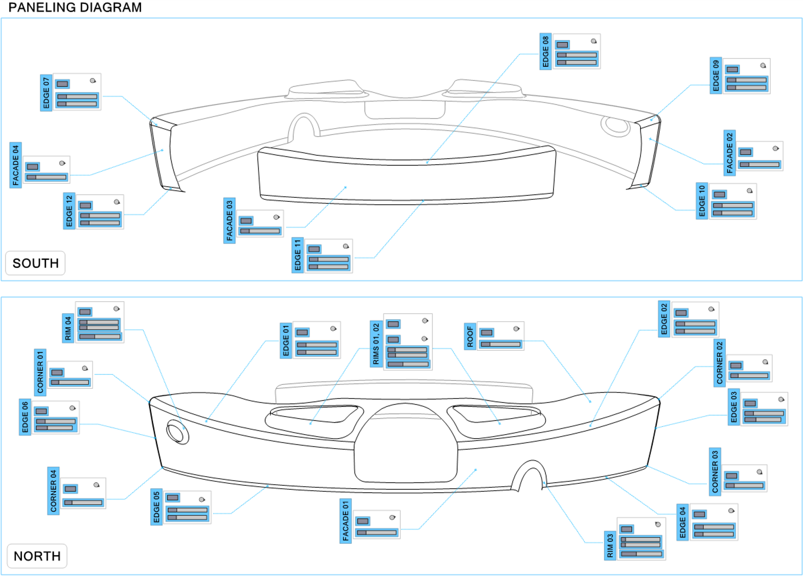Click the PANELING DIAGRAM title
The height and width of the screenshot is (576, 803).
tap(75, 8)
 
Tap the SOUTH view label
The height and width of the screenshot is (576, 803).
tap(36, 263)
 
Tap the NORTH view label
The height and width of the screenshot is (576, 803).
tap(37, 556)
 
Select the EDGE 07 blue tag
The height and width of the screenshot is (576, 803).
tap(46, 93)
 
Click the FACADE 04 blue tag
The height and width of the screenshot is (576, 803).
tap(16, 165)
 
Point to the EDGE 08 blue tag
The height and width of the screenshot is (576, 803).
tap(545, 52)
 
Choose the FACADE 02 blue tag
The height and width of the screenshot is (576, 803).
tap(729, 153)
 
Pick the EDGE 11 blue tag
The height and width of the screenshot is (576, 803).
tap(298, 255)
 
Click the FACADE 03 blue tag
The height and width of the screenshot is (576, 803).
tap(229, 221)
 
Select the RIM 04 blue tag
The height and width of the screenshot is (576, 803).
tap(68, 328)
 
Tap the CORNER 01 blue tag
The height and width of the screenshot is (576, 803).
tap(40, 372)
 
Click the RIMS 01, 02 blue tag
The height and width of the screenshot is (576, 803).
tap(376, 344)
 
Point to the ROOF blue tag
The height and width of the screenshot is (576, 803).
tap(470, 336)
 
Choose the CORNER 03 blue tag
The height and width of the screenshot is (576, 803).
tap(715, 471)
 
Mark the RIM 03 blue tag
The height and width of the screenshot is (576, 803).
tap(610, 545)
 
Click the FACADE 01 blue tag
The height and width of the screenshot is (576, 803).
tap(345, 521)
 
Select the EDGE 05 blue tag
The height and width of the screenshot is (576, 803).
tap(156, 507)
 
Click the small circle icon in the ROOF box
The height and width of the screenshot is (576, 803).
tap(516, 329)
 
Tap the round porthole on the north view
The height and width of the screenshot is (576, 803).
tap(178, 432)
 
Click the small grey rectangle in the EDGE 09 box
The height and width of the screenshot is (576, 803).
tap(732, 70)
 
